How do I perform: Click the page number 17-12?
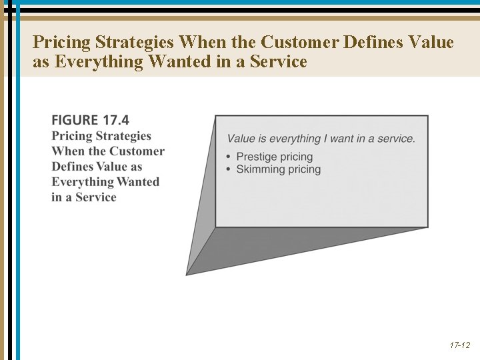click(459, 345)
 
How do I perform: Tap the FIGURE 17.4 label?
click(90, 120)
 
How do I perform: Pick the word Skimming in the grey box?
click(261, 169)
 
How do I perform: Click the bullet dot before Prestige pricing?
click(229, 157)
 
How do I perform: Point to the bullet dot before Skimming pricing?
click(229, 170)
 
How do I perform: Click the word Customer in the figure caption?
click(137, 151)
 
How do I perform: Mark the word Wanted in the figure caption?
click(138, 182)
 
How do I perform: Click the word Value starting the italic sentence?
click(241, 139)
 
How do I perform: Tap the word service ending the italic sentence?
click(397, 139)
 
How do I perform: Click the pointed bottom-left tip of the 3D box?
click(187, 273)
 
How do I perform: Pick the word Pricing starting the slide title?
click(61, 43)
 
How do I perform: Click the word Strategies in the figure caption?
click(123, 136)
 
